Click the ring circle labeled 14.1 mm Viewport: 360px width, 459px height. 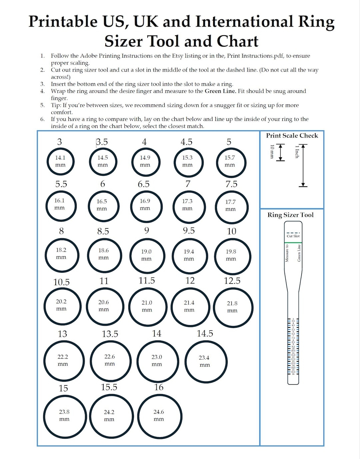(60, 162)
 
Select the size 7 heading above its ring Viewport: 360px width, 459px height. (188, 184)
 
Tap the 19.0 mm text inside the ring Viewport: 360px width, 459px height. (146, 255)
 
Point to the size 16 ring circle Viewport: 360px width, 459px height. (159, 416)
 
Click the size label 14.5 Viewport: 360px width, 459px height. (205, 333)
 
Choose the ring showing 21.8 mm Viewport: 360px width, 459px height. (233, 307)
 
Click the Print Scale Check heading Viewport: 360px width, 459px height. (292, 136)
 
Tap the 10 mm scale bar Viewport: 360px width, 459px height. (281, 152)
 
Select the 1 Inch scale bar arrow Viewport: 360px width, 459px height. (303, 165)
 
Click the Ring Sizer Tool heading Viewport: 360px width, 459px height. (290, 215)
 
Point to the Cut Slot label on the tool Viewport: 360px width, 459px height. (293, 236)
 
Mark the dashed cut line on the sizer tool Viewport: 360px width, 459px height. (293, 232)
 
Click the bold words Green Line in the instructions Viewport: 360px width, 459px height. (220, 91)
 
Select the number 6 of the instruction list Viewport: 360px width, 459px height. (42, 119)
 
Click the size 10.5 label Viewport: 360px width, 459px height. (61, 282)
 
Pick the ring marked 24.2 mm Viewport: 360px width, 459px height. (111, 416)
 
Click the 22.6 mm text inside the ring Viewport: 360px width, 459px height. (110, 360)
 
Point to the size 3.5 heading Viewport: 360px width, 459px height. (102, 142)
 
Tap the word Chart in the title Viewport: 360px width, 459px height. (237, 41)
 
